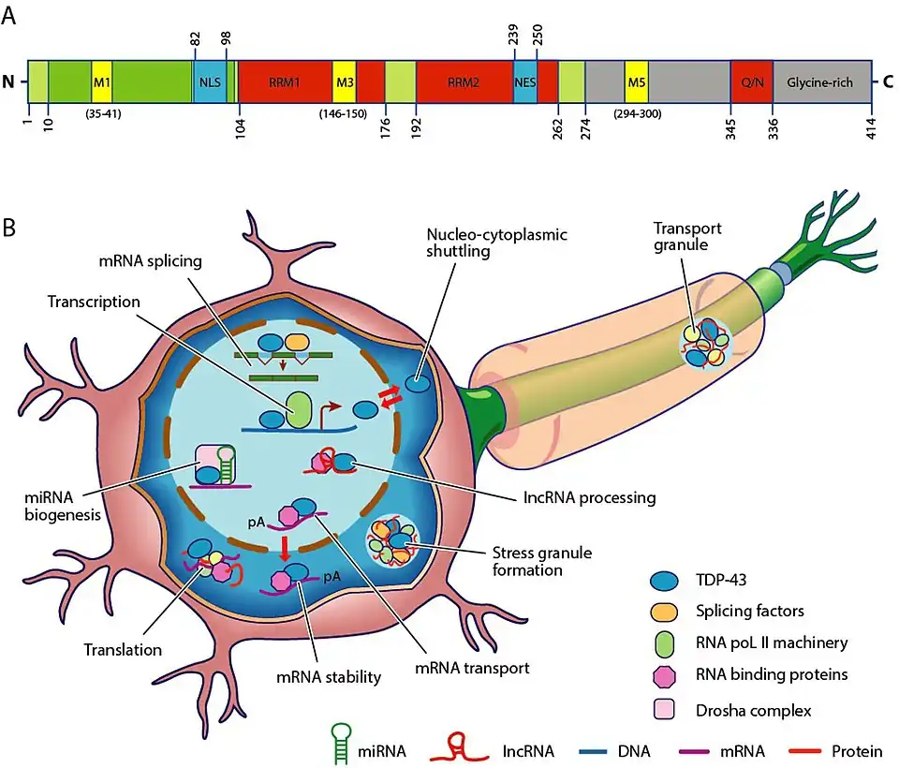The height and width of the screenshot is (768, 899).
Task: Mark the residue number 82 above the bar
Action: pyautogui.click(x=195, y=39)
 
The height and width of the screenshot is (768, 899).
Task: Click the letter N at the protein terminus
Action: pyautogui.click(x=9, y=82)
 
